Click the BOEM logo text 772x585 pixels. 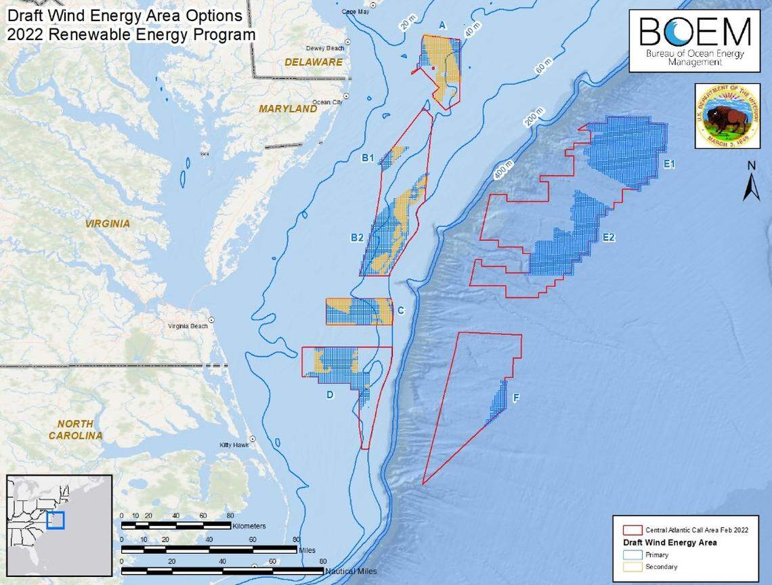695,32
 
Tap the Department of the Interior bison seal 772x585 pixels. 727,115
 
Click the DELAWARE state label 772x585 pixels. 314,62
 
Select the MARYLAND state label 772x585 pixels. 288,108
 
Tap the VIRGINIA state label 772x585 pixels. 107,223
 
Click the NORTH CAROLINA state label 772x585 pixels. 75,429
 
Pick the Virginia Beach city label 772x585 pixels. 188,326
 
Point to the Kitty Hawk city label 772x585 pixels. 234,445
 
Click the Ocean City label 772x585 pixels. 328,102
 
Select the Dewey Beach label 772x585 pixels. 326,48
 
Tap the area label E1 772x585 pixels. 670,164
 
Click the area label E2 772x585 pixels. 608,237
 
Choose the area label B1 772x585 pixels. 368,158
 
